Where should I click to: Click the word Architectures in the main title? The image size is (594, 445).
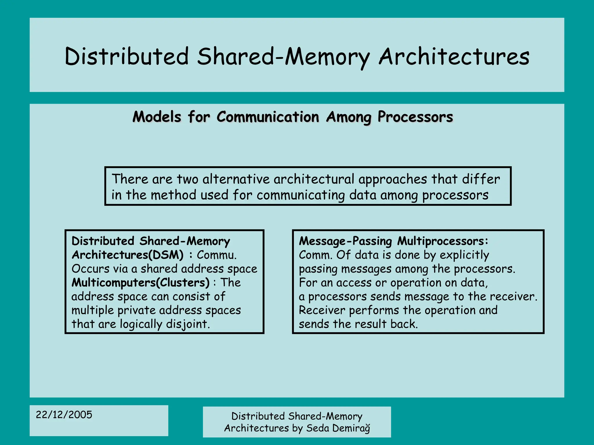tap(454, 56)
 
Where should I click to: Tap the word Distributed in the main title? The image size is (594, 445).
tap(127, 56)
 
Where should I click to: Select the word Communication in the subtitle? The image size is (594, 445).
tap(268, 117)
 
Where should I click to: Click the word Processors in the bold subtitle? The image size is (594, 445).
tap(415, 117)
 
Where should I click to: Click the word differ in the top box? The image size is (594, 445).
tap(481, 179)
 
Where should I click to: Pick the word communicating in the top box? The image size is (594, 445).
tap(300, 195)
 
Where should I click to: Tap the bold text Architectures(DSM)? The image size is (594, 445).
tap(128, 255)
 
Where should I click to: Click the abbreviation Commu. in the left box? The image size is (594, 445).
tap(217, 255)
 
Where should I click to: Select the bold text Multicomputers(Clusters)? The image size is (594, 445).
tap(140, 282)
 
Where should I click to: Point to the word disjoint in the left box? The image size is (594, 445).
tap(188, 324)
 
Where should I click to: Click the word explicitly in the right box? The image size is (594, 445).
tap(464, 255)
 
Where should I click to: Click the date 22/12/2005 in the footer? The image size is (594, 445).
tap(64, 415)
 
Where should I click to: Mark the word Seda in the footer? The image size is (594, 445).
tap(318, 428)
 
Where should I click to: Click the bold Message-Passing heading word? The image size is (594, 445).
tap(345, 241)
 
